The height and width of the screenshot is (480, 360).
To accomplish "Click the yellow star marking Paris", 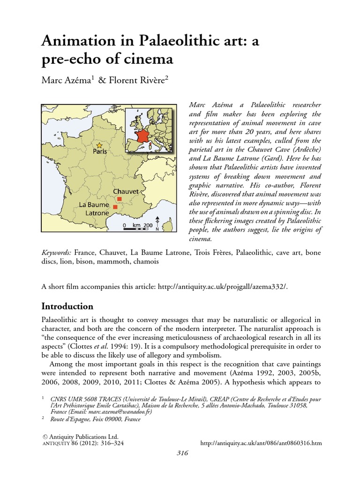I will (x=99, y=146).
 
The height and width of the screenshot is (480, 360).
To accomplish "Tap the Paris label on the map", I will (x=99, y=152).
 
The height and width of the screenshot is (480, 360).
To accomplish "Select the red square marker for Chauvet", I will (x=119, y=199).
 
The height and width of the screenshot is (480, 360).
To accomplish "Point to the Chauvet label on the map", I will (x=126, y=192).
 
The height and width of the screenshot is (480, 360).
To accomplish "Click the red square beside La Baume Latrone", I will (x=115, y=206).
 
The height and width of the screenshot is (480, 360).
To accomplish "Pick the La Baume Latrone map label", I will (x=94, y=209).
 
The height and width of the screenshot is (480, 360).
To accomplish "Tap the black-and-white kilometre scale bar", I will (x=138, y=230).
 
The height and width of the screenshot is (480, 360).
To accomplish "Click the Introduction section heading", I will (x=67, y=306).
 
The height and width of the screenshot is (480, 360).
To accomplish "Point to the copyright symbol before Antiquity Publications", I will (x=45, y=435).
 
